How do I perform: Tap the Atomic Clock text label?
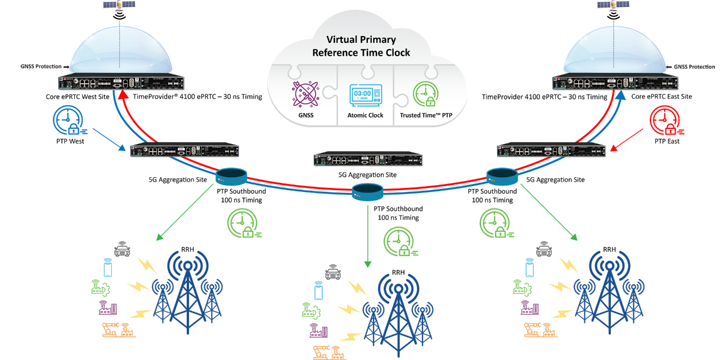pos(365,115)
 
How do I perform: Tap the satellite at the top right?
pos(614,5)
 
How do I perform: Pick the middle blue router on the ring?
pos(367,192)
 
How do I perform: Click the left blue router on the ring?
pos(231,176)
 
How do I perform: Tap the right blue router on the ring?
pos(502,176)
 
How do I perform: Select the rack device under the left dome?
pos(121,83)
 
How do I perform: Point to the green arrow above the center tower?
pos(367,236)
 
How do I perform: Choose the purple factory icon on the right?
pos(529,308)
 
